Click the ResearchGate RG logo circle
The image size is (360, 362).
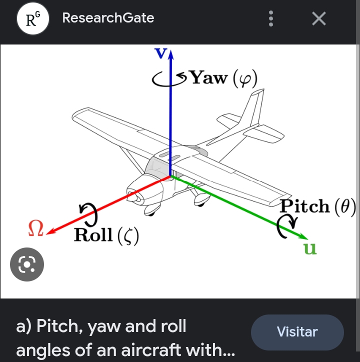coord(33,18)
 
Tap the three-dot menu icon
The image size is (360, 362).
coord(271,18)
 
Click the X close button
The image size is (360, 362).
coord(319,18)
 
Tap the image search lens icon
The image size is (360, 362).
coord(27,264)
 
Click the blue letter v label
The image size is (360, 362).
coord(160,53)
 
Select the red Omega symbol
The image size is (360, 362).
coord(36,228)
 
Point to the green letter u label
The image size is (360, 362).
coord(310,248)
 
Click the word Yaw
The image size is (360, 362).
coord(208,77)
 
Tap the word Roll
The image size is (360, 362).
coord(93,235)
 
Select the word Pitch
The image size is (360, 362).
coord(304,205)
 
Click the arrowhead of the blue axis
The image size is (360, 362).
coord(170,55)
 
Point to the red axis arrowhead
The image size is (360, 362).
coord(51,231)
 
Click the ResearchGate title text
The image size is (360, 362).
coord(108,18)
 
